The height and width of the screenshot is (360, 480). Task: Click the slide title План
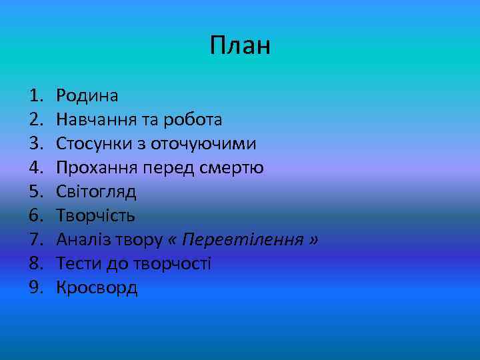click(x=240, y=46)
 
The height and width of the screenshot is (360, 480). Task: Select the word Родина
click(x=87, y=96)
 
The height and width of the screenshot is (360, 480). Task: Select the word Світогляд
click(x=97, y=192)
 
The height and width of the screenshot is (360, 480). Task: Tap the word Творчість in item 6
click(x=96, y=216)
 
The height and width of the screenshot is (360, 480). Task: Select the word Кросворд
click(x=97, y=288)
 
